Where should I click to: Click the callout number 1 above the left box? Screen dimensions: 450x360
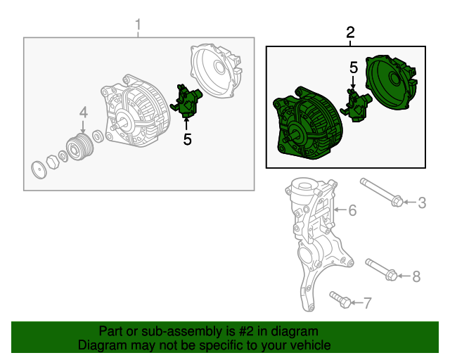139,25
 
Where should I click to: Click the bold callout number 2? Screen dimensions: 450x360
350,32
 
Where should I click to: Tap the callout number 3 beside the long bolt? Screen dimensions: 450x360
422,202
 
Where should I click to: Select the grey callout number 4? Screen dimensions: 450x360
84,112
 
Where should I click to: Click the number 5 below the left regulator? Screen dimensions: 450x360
187,139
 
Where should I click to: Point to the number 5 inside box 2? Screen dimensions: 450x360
354,67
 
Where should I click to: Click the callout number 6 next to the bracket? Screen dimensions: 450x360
352,210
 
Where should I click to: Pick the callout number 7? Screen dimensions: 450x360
368,302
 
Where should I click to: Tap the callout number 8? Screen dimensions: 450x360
416,277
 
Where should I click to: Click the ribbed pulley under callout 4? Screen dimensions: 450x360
80,147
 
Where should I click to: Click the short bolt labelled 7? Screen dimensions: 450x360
340,300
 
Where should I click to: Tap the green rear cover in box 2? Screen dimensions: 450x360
391,83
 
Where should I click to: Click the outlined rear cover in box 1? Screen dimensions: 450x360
216,70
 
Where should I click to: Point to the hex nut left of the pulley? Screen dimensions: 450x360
53,162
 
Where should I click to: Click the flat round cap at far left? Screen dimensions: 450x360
39,170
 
